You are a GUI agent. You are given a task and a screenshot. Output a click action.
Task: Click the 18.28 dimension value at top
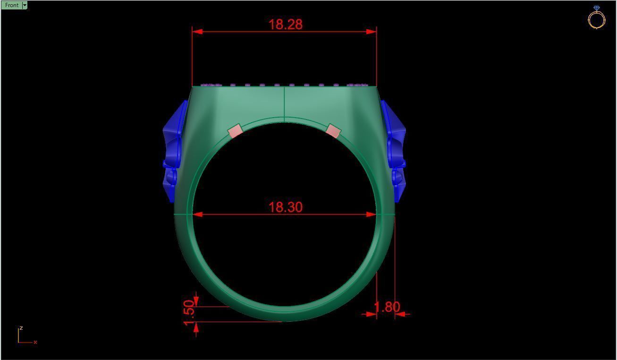tap(285, 24)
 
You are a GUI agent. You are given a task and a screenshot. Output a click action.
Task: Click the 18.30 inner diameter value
tap(285, 207)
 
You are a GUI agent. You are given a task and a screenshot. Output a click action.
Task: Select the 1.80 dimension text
tap(387, 307)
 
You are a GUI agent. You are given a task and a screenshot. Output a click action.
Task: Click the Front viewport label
tap(11, 5)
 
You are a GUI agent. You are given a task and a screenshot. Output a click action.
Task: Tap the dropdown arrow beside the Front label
tap(25, 5)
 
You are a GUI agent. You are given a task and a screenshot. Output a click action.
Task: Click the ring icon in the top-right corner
tap(596, 18)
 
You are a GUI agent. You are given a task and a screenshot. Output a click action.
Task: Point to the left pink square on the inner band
tap(235, 131)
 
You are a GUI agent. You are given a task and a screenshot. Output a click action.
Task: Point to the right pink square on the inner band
tap(333, 131)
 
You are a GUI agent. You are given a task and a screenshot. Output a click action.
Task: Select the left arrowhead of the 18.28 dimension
tap(198, 32)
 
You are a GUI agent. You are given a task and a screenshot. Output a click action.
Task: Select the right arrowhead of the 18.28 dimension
tap(371, 32)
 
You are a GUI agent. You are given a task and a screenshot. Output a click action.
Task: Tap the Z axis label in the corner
tap(21, 328)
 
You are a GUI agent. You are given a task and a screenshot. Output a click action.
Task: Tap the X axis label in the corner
tap(35, 342)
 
